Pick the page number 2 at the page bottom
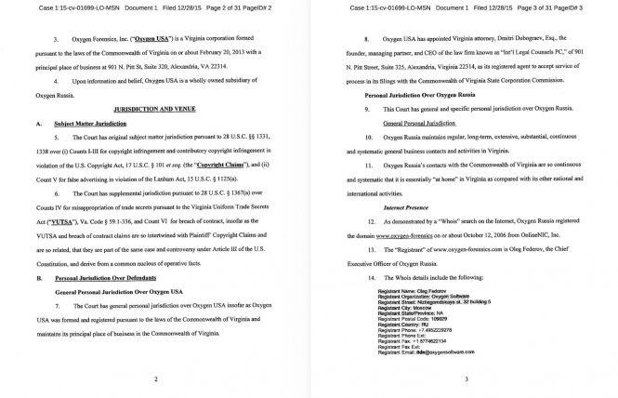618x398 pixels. pyautogui.click(x=155, y=378)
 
